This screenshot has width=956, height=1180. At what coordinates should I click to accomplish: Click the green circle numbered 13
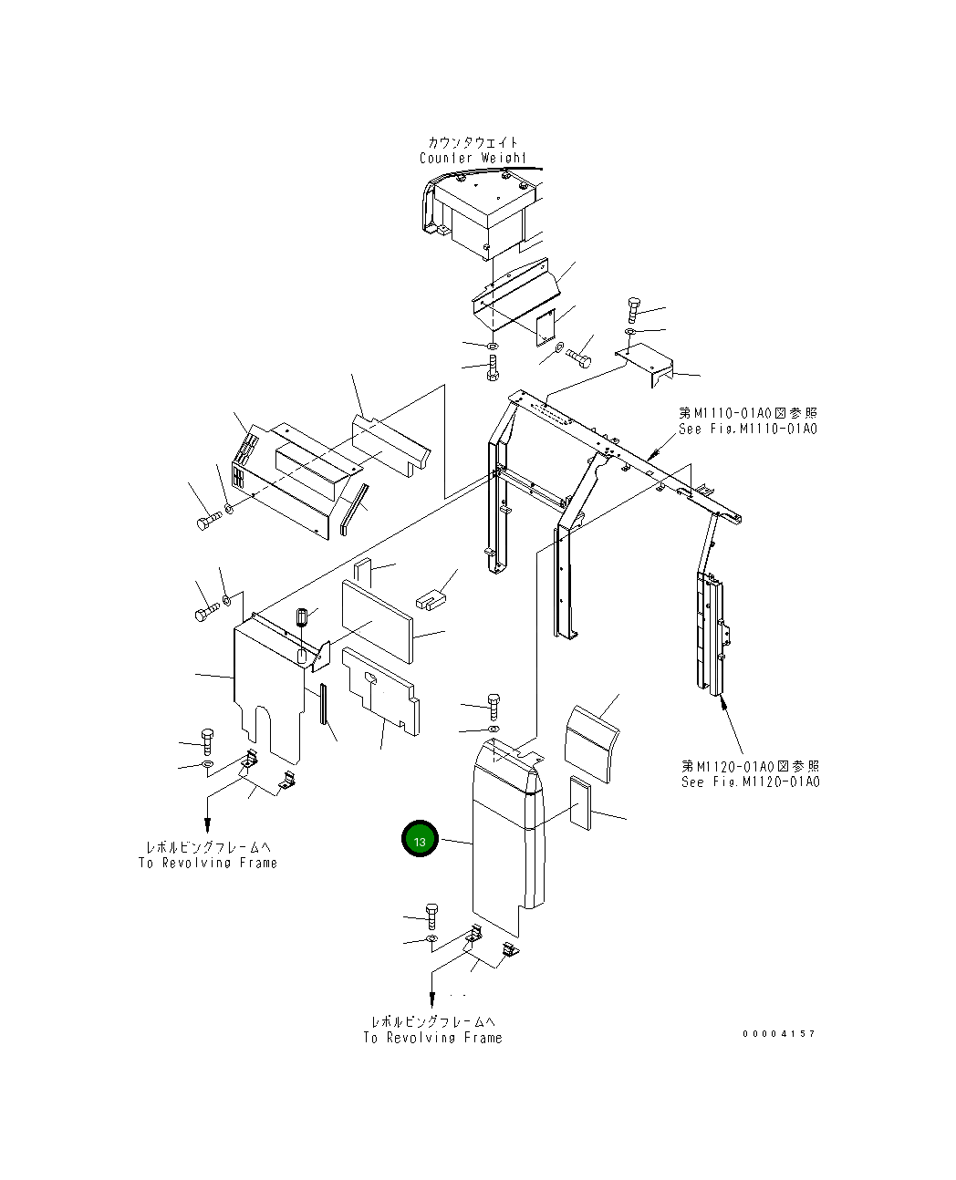click(x=420, y=841)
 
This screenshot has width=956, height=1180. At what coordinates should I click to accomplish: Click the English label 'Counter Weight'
click(x=473, y=158)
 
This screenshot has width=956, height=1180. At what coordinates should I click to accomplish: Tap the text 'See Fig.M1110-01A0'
click(x=747, y=429)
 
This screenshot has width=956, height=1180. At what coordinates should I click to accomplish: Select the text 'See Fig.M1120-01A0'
click(x=750, y=781)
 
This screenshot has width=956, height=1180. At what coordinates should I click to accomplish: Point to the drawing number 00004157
click(x=779, y=1033)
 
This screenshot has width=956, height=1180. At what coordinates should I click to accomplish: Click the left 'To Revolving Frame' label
click(x=208, y=863)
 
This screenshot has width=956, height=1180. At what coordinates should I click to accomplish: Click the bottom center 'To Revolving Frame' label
click(x=432, y=1037)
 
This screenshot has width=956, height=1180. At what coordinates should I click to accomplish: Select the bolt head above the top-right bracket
click(x=635, y=306)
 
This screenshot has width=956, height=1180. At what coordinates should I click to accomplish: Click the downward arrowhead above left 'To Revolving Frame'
click(x=208, y=824)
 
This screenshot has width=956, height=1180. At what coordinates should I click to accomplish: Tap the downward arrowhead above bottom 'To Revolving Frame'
click(x=431, y=1000)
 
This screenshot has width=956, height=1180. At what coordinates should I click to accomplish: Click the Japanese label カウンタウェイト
click(x=473, y=142)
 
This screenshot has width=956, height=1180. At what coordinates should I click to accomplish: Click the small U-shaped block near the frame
click(x=429, y=599)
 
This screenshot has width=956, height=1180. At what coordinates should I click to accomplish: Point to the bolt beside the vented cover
click(x=206, y=522)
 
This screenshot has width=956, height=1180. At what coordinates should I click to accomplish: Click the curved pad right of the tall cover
click(x=591, y=743)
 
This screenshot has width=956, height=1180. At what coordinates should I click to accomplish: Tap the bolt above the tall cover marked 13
click(x=493, y=704)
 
